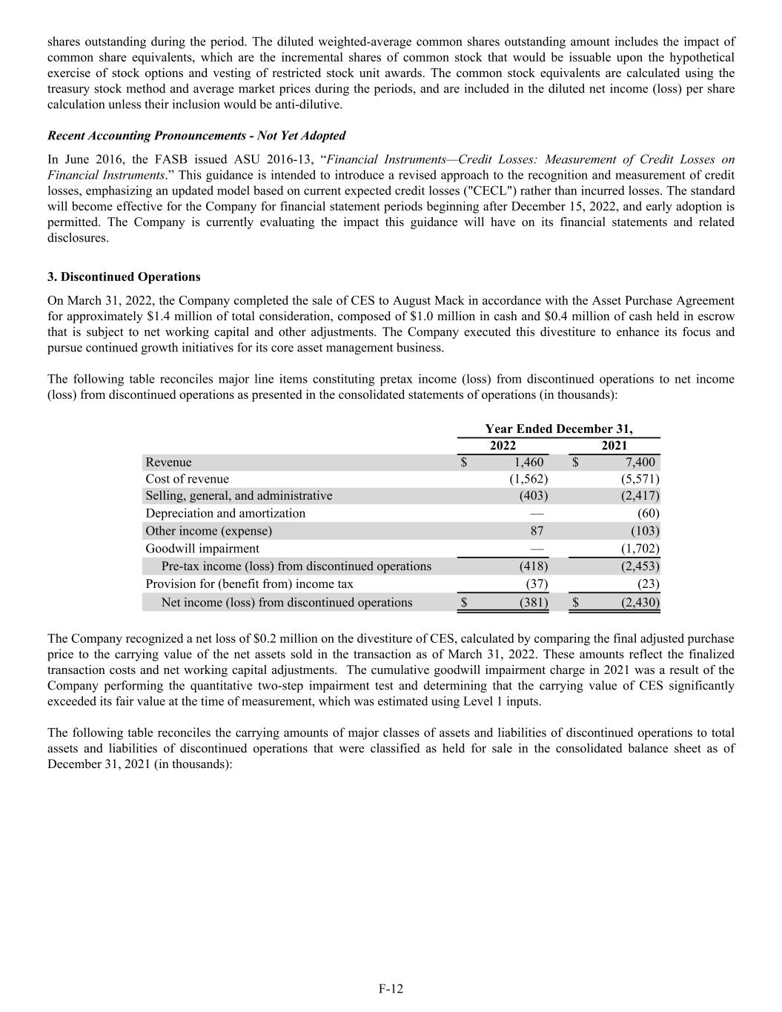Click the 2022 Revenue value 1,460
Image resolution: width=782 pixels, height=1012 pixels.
(x=528, y=463)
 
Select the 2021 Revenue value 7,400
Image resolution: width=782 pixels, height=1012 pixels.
(x=640, y=463)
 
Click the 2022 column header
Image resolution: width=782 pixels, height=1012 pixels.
(x=503, y=446)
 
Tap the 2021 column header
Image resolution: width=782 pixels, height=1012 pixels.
(x=614, y=446)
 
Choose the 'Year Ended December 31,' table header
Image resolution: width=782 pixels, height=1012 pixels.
(x=558, y=429)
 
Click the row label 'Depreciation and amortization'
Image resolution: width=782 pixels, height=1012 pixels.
(x=225, y=513)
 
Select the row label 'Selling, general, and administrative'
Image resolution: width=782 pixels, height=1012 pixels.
(x=239, y=495)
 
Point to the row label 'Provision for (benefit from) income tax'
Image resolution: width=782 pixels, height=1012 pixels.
(x=249, y=584)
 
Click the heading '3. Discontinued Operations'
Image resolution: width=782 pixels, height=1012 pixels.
(x=124, y=277)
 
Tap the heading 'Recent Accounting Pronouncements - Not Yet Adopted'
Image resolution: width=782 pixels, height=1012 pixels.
(x=196, y=136)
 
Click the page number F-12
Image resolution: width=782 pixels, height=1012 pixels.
(x=391, y=988)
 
